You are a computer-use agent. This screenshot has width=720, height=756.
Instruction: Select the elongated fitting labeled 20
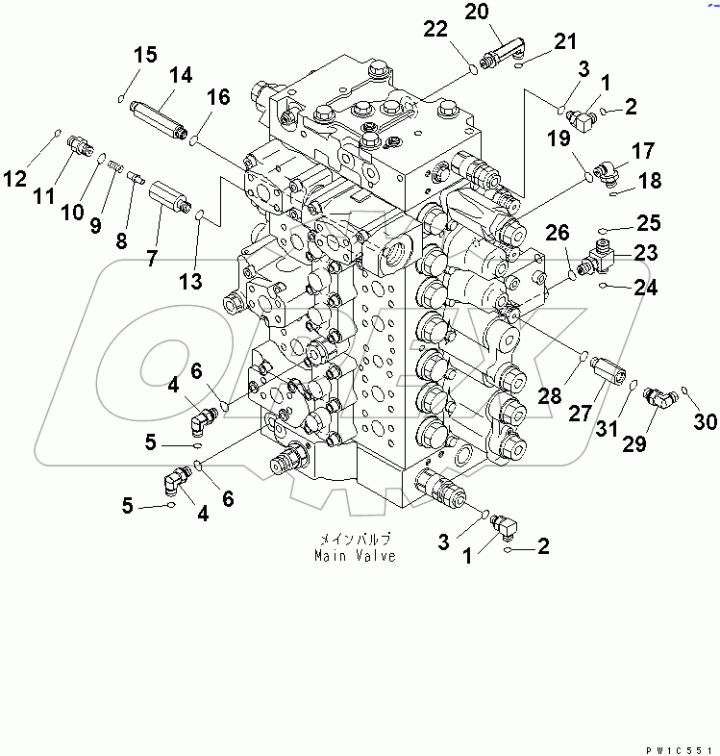point(503,53)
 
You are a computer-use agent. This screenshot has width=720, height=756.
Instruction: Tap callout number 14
point(181,75)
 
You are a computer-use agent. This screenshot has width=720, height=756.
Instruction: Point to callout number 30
point(705,421)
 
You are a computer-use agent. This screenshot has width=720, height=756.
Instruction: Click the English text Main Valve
point(355,556)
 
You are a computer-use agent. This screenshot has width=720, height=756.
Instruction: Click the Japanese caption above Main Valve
point(355,540)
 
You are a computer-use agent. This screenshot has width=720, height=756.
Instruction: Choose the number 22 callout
point(435,30)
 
